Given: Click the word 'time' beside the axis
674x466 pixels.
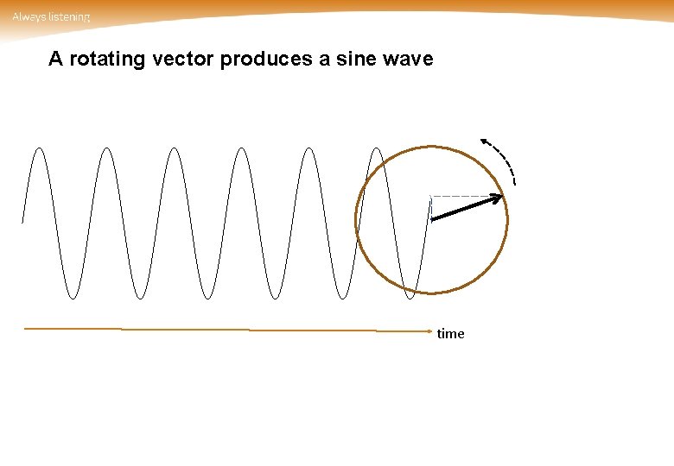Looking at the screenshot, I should (x=450, y=334).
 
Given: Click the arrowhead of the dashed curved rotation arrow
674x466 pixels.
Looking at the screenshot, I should (x=485, y=142).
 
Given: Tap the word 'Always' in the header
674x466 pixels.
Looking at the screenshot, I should (x=28, y=16).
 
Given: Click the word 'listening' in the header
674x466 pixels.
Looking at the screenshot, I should (x=68, y=16).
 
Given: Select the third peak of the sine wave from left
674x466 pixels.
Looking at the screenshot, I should (x=174, y=148).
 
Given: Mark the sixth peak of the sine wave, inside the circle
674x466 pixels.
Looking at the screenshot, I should (x=377, y=148).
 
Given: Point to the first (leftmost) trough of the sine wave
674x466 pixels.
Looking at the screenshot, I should (x=72, y=299).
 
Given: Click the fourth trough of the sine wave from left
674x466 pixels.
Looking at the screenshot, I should (x=276, y=299).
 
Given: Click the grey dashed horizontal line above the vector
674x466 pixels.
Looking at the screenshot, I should (x=462, y=197).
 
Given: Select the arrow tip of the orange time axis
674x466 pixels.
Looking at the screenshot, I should (x=429, y=331).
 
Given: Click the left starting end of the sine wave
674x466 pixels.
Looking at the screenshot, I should (x=22, y=222).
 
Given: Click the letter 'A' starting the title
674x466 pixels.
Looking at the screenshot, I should (x=55, y=60).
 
